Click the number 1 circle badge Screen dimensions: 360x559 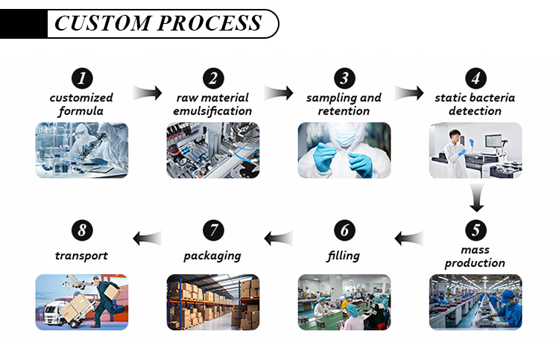[x=82, y=79]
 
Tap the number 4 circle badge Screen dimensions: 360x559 [x=475, y=79]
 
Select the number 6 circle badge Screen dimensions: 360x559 [x=344, y=230]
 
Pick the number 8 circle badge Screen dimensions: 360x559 [x=82, y=230]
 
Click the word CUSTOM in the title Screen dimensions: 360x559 [x=101, y=23]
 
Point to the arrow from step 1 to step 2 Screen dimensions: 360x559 [x=148, y=93]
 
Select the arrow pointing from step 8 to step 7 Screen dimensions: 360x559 [x=148, y=238]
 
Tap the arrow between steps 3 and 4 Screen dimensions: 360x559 [x=409, y=93]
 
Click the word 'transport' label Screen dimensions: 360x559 [x=81, y=256]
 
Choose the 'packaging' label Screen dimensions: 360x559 [x=212, y=256]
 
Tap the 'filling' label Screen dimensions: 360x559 [x=343, y=256]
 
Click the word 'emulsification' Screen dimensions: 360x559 [x=214, y=111]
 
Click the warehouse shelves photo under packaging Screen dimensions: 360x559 [x=212, y=303]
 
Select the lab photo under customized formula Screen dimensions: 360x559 [x=82, y=150]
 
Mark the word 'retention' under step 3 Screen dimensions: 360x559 [x=343, y=111]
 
